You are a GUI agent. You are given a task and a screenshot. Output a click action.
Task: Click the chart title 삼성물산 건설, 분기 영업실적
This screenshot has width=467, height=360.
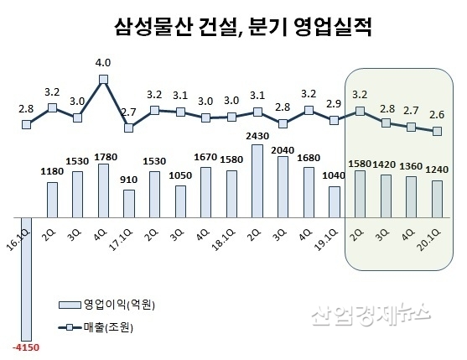tap(242, 28)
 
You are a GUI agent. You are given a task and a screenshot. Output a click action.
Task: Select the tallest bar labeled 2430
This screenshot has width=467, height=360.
tap(257, 180)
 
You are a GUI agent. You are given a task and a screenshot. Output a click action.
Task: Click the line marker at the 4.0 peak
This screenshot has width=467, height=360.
tap(103, 80)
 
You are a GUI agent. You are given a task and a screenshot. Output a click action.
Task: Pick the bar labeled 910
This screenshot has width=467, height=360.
tap(129, 202)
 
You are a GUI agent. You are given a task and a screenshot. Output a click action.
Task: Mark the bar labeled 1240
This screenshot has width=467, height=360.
tap(437, 198)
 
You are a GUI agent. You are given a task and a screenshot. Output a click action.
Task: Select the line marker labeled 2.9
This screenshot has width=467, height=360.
tap(334, 120)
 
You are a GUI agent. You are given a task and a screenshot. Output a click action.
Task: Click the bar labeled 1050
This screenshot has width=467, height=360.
tap(180, 201)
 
